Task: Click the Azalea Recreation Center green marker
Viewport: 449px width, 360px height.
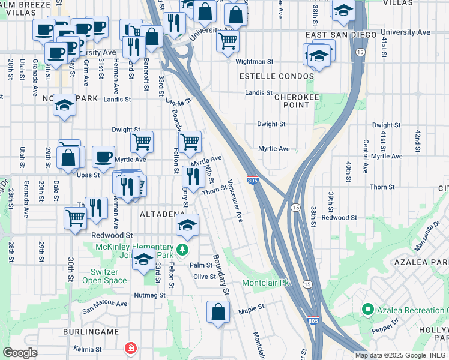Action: [x=367, y=310]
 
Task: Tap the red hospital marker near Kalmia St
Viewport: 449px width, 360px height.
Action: [x=130, y=348]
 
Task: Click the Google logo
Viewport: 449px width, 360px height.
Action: [x=20, y=353]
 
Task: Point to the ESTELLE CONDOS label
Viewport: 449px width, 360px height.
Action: [x=277, y=77]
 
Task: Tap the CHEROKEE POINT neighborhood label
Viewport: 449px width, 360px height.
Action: [x=292, y=100]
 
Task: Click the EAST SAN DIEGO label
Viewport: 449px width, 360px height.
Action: [x=334, y=35]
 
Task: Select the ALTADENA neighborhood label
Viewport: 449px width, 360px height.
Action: [x=162, y=214]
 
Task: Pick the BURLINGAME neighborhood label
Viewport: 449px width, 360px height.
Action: [x=89, y=331]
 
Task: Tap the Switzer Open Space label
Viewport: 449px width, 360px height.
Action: [x=104, y=275]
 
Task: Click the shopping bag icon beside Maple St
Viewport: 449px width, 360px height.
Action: [x=218, y=312]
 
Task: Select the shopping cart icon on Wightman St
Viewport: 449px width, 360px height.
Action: [x=228, y=41]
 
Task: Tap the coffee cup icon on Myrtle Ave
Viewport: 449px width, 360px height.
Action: [x=103, y=157]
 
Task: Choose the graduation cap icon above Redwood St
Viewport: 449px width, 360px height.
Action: [x=187, y=226]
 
